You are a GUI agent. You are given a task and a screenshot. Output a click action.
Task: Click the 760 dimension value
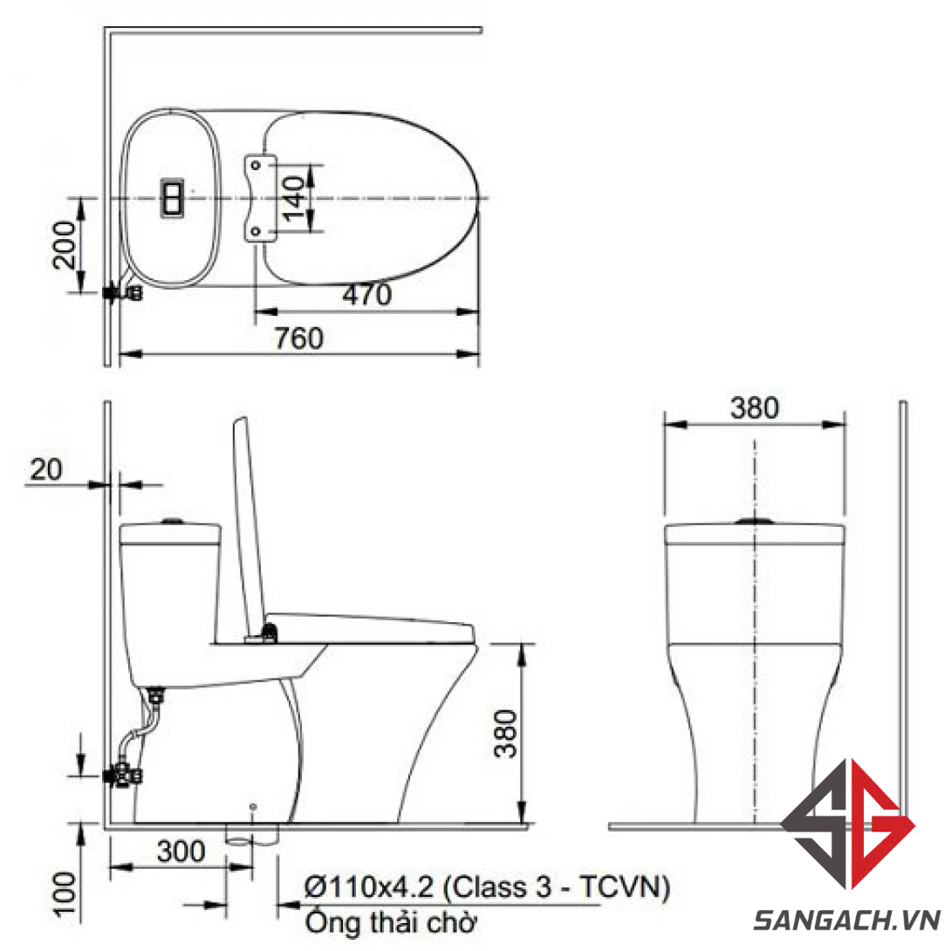[299, 338]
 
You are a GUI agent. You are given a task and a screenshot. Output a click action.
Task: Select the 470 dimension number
[367, 295]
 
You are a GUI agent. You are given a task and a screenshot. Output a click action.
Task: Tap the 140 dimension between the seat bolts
[293, 198]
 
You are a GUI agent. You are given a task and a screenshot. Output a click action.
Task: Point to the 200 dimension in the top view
[65, 244]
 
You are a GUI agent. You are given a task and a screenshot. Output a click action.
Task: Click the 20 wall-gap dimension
[46, 469]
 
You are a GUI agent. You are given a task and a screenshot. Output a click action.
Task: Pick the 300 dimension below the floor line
[181, 851]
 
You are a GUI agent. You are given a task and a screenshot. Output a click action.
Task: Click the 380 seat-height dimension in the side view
[505, 734]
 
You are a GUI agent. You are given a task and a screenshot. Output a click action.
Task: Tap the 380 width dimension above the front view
[755, 407]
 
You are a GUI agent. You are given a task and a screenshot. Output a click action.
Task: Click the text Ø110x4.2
[369, 887]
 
